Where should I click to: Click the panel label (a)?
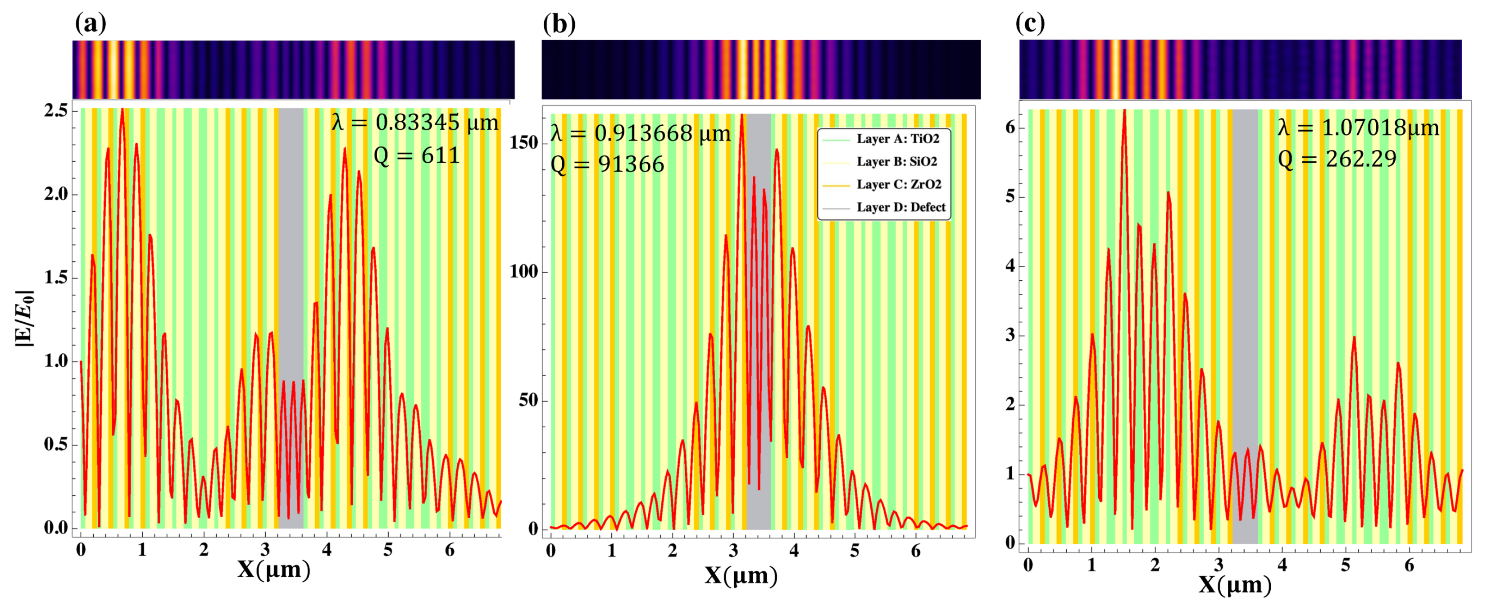click(x=91, y=24)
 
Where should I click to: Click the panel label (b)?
click(x=559, y=24)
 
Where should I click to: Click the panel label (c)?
click(x=1030, y=24)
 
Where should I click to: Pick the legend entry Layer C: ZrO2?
click(x=898, y=184)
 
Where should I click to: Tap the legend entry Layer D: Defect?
click(x=900, y=207)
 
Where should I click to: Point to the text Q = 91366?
click(x=607, y=165)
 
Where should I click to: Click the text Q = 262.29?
click(x=1337, y=159)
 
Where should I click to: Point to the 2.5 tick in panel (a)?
click(x=55, y=110)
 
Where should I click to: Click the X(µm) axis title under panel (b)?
click(x=741, y=576)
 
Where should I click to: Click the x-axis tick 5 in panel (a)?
click(x=388, y=550)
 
